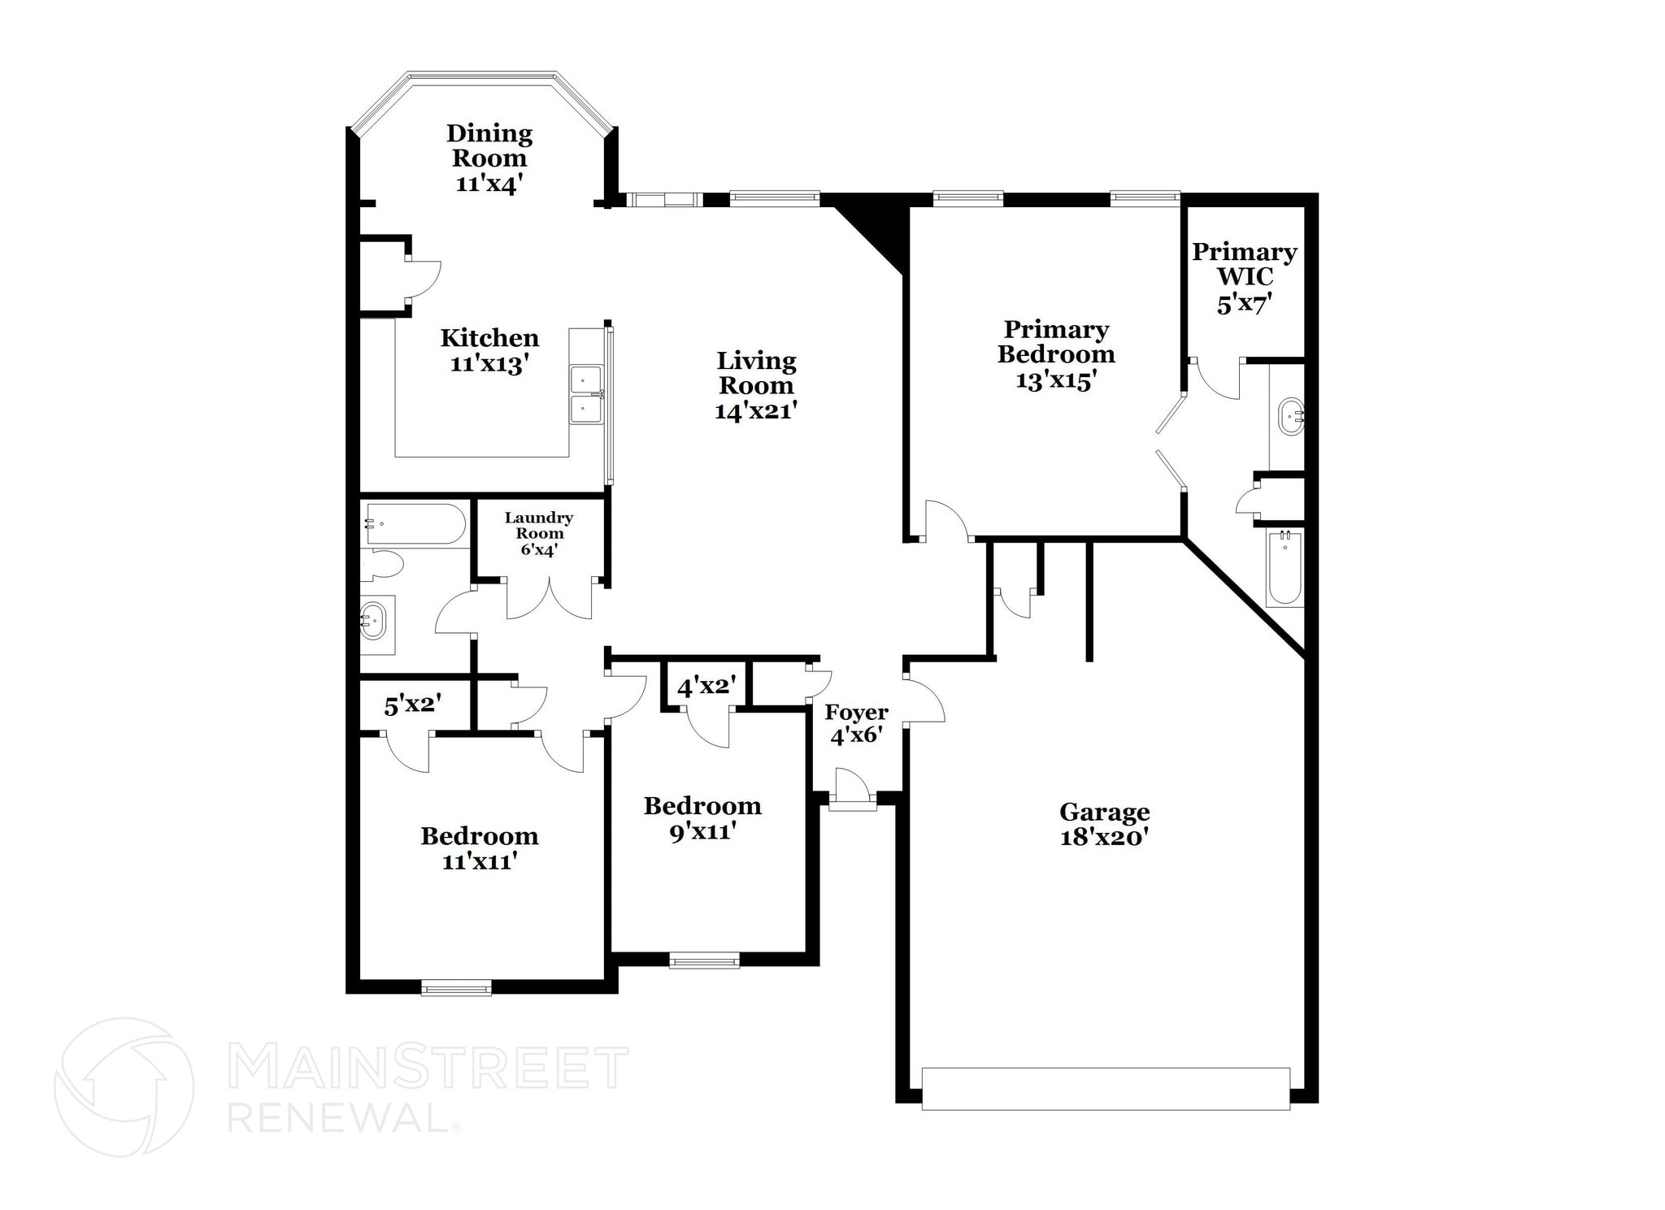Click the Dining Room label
489,145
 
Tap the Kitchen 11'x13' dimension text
489,363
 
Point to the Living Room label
756,373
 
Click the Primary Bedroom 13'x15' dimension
1056,380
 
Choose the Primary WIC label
1244,264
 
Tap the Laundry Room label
539,525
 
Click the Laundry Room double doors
550,600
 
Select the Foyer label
856,713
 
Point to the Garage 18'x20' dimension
1104,836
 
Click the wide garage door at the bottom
1106,1088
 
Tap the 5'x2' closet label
412,705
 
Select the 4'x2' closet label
706,687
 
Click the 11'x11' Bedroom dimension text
480,861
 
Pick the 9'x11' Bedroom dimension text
702,831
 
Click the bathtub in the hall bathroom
415,524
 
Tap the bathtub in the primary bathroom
1285,567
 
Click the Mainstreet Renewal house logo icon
124,1086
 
